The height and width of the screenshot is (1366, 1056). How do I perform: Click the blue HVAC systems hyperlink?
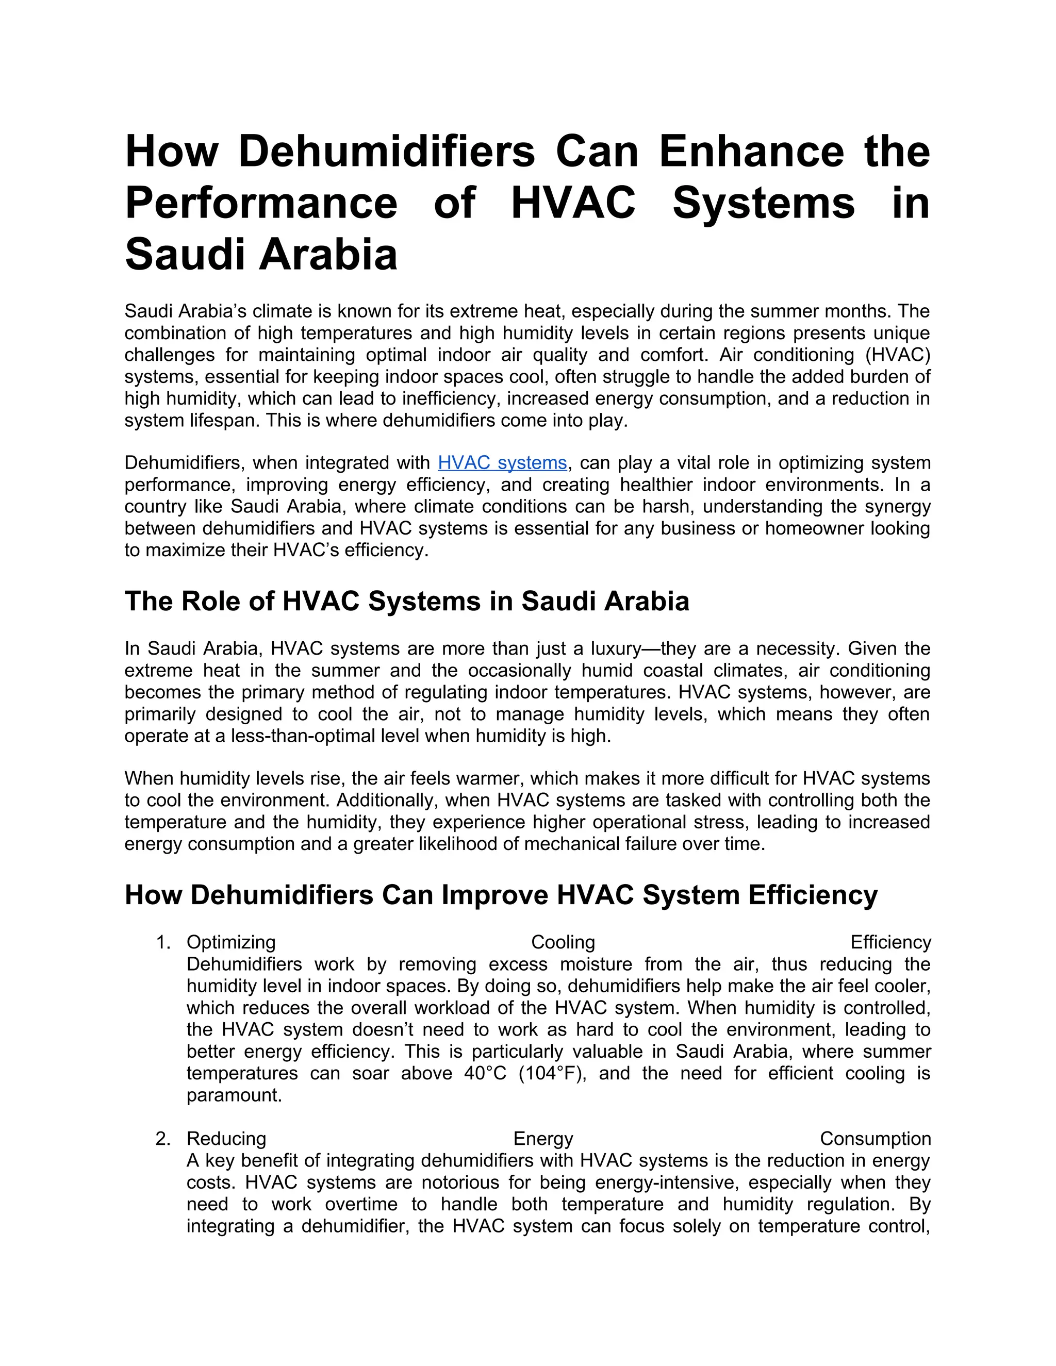[502, 463]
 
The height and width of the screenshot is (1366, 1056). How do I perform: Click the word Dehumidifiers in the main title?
[387, 152]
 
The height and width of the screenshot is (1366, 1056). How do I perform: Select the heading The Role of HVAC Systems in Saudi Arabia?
[407, 601]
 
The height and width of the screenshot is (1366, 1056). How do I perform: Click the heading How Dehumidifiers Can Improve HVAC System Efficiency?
[501, 895]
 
